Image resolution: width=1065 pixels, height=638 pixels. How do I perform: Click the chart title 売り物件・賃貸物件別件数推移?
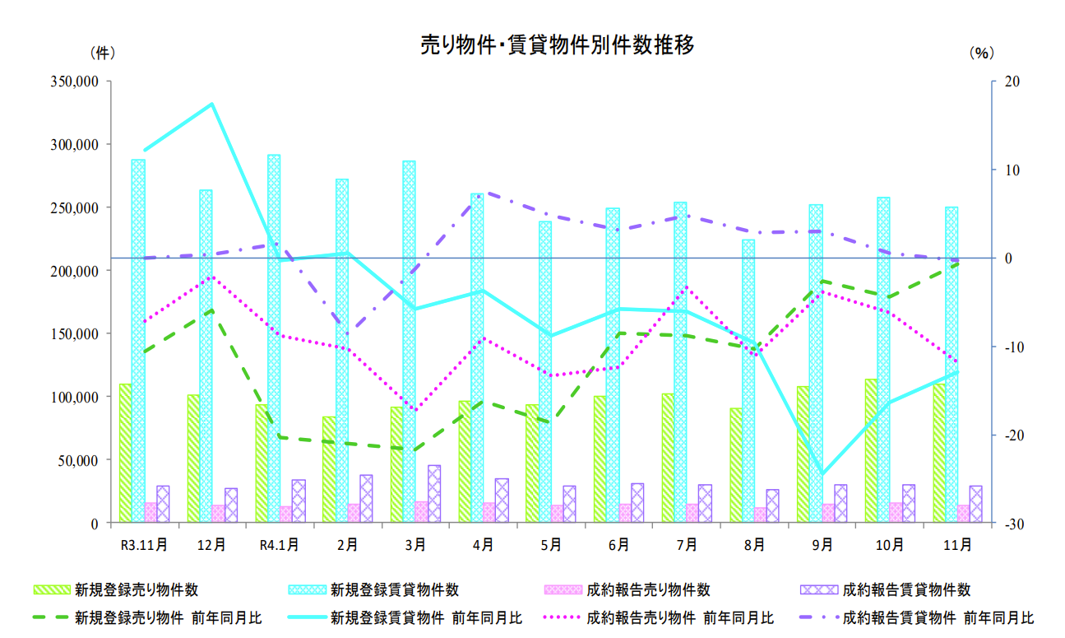[557, 46]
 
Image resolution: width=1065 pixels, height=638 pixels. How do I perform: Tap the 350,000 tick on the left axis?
[76, 81]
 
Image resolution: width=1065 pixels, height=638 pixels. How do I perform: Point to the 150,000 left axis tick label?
[76, 334]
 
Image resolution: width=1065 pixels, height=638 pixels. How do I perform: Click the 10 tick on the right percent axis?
[1007, 170]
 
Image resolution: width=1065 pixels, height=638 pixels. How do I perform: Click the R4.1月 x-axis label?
[279, 544]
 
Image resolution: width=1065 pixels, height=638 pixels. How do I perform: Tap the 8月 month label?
[754, 544]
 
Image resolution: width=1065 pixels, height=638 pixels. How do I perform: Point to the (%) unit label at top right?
[981, 54]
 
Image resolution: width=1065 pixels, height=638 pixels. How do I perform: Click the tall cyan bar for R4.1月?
[274, 338]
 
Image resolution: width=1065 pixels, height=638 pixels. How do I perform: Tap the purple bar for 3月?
[434, 493]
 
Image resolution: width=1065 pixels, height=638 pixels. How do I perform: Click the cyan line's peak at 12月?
[212, 104]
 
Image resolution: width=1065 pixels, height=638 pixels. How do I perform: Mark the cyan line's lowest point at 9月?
[822, 473]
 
